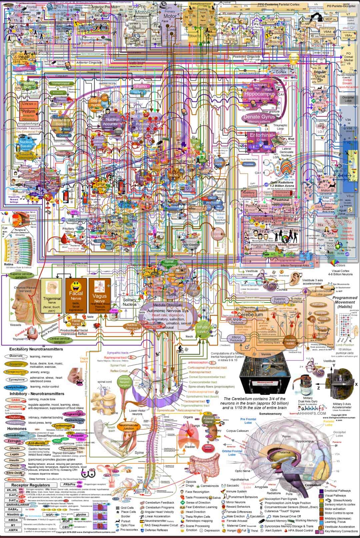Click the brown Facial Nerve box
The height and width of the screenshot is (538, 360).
pos(76,296)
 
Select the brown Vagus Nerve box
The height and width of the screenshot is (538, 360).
pos(100,296)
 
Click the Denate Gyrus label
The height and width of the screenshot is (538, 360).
pos(259,117)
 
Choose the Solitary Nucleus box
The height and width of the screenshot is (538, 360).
pos(129,302)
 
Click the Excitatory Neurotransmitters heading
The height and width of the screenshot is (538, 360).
pos(36,349)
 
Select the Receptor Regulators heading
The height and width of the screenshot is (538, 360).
pos(30,485)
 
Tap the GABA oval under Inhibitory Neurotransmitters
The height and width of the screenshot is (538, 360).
pos(16,400)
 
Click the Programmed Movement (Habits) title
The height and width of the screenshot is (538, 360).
pos(345,302)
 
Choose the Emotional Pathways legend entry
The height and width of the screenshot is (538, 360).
pos(337,491)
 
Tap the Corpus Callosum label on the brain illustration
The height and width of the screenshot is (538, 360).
pos(237,431)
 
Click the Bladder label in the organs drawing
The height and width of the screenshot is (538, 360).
pos(190,447)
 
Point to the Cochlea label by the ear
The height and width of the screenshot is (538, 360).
pos(282,290)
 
